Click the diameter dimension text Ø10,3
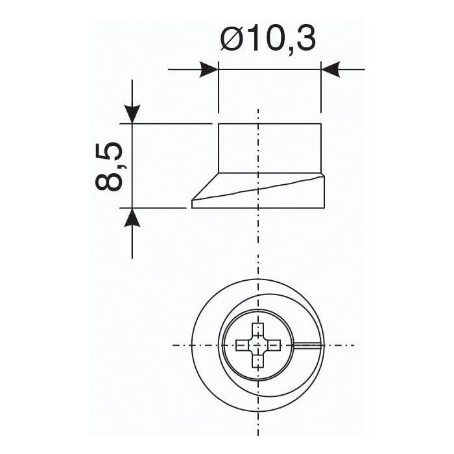click(267, 39)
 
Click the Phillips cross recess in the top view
click(258, 344)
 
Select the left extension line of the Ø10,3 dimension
click(218, 91)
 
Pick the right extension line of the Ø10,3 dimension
click(320, 91)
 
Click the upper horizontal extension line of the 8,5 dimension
click(169, 123)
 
